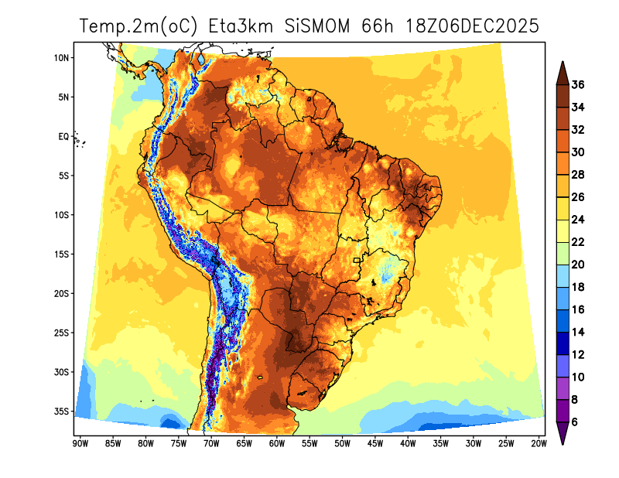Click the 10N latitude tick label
63,58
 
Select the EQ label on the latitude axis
63,137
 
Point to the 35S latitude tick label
63,411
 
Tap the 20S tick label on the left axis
63,294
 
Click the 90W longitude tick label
79,443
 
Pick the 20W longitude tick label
539,443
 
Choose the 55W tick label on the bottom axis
309,443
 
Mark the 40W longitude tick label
408,443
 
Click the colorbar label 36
578,85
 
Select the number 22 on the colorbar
578,243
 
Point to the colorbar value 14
578,333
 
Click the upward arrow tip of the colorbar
563,65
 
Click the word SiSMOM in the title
318,26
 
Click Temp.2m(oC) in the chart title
140,26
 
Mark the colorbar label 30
578,153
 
